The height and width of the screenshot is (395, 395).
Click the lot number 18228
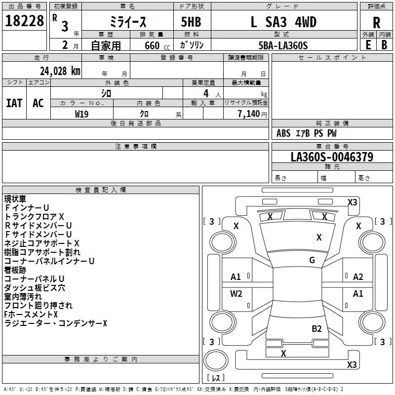tap(24, 21)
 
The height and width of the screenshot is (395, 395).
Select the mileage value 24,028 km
tap(60, 71)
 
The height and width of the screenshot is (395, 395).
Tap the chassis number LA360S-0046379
tap(332, 157)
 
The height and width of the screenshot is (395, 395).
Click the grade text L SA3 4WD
tap(283, 22)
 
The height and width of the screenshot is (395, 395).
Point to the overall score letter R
tap(376, 23)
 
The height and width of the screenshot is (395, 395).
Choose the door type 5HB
tap(191, 22)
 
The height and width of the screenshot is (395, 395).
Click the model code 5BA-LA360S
tap(283, 45)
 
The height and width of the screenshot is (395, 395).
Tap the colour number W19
tap(81, 114)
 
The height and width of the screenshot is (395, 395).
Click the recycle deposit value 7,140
tap(249, 114)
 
